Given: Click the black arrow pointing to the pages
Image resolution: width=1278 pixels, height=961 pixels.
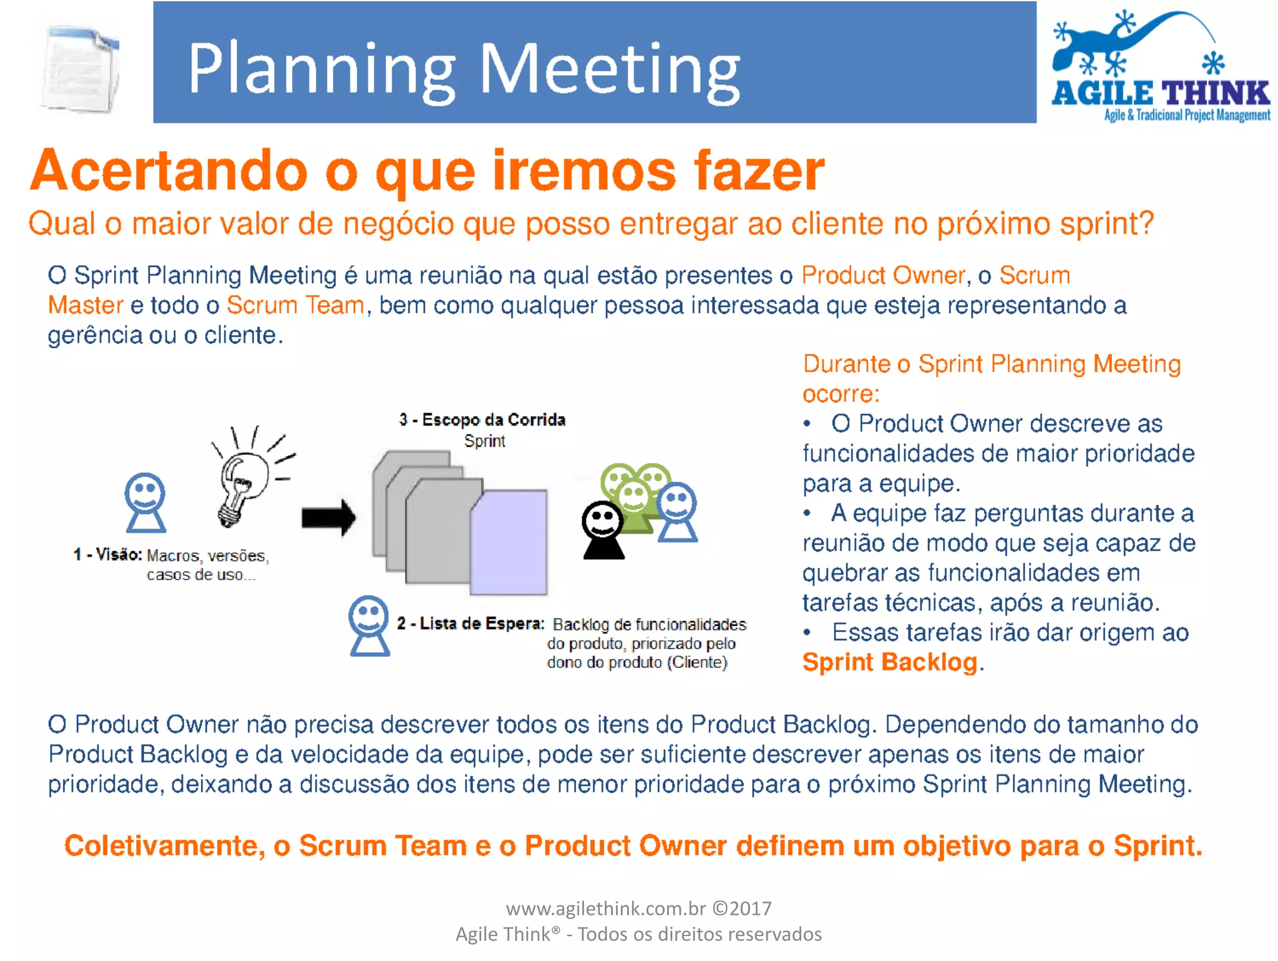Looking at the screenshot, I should pyautogui.click(x=328, y=517).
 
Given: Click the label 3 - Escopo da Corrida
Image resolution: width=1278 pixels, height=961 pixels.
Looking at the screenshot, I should pyautogui.click(x=482, y=420).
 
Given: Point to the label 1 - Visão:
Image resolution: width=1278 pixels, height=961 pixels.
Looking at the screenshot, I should pyautogui.click(x=107, y=555).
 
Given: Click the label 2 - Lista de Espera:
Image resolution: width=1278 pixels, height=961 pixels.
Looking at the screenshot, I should pyautogui.click(x=471, y=623).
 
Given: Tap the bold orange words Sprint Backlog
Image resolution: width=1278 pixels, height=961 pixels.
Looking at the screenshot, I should pyautogui.click(x=890, y=662).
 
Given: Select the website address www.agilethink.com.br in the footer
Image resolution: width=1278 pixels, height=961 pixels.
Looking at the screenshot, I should pyautogui.click(x=605, y=909).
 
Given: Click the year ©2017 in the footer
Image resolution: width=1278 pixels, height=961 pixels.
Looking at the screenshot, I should pyautogui.click(x=742, y=909).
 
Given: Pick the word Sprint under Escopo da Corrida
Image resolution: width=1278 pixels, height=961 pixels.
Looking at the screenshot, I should pyautogui.click(x=484, y=441).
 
